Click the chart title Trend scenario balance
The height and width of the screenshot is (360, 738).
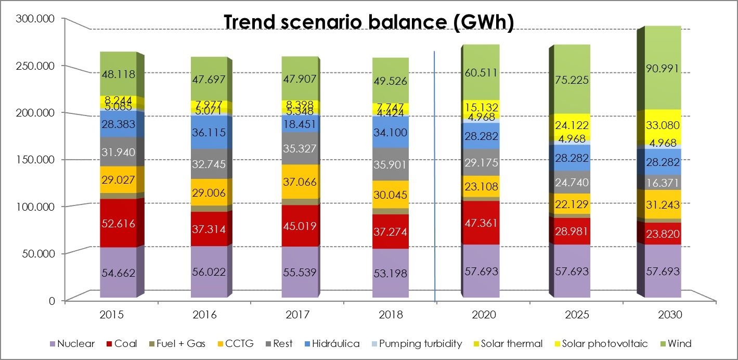point(368,23)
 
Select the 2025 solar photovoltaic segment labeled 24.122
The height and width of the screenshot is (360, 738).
point(572,125)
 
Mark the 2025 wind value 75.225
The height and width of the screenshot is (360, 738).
point(572,80)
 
